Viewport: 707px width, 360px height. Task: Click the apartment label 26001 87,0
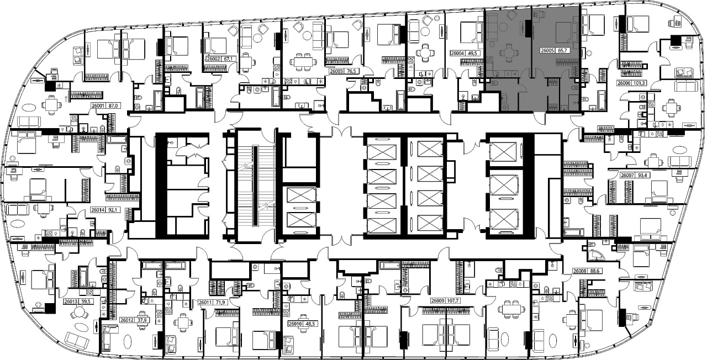tap(105, 105)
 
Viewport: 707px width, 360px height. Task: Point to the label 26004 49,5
tap(463, 54)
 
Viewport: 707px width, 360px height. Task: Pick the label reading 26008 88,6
tap(586, 271)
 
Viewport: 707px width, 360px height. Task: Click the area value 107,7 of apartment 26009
tap(452, 301)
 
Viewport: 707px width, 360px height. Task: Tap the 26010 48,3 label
tap(303, 324)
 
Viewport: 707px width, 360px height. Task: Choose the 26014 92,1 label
tap(105, 210)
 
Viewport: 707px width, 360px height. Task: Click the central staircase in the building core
tap(255, 186)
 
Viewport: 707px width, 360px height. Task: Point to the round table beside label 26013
tap(79, 313)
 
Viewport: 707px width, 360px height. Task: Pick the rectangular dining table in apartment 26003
tap(303, 62)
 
